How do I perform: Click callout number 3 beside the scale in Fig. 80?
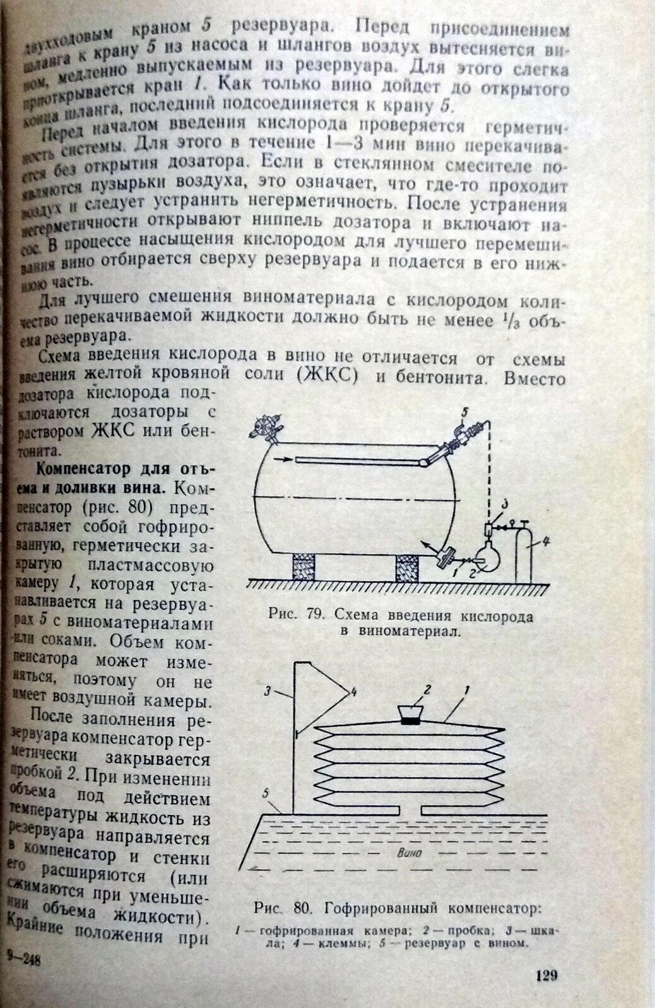pos(268,692)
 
